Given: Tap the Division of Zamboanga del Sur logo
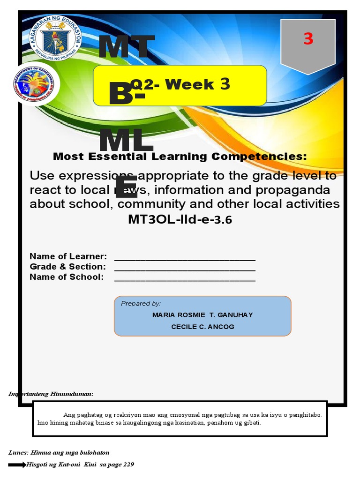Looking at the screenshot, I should pyautogui.click(x=34, y=85).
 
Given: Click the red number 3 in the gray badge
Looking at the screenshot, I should pyautogui.click(x=308, y=39).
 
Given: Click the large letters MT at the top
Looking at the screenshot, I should pyautogui.click(x=126, y=49).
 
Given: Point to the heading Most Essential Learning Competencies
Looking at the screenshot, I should pyautogui.click(x=180, y=157).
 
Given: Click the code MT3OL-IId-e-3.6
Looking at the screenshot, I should pyautogui.click(x=180, y=219).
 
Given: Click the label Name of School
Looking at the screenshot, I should pyautogui.click(x=67, y=277).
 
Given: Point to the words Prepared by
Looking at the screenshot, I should pyautogui.click(x=141, y=303).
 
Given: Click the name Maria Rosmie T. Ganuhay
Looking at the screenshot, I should pyautogui.click(x=202, y=315).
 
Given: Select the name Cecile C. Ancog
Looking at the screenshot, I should pyautogui.click(x=202, y=327).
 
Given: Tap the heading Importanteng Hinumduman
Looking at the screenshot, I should pyautogui.click(x=51, y=394).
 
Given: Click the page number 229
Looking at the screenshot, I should pyautogui.click(x=127, y=465).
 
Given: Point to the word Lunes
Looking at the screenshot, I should pyautogui.click(x=18, y=452).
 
